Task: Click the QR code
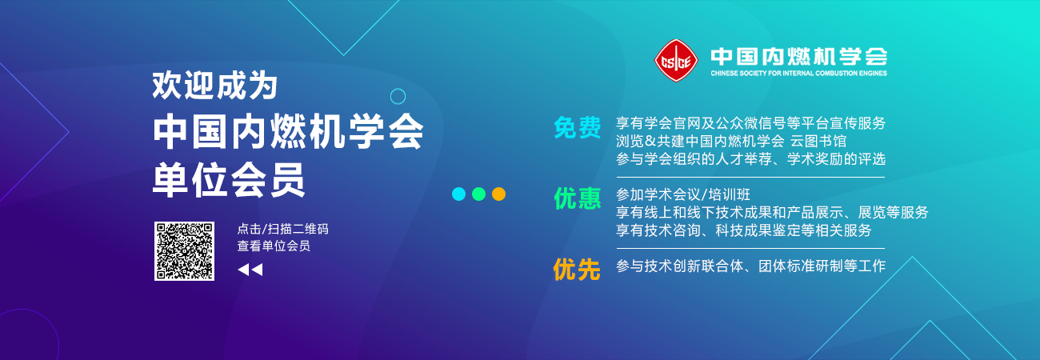[x=184, y=251]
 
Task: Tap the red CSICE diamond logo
[x=676, y=61]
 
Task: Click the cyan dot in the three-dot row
[x=458, y=194]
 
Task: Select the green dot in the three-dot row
[x=478, y=194]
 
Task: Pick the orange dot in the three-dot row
[x=498, y=194]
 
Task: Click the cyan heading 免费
[x=577, y=127]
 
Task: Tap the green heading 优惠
[x=577, y=198]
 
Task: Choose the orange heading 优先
[x=577, y=270]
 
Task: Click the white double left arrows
[x=250, y=270]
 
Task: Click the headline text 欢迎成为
[x=214, y=86]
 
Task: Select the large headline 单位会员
[x=229, y=180]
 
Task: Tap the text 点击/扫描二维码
[x=282, y=229]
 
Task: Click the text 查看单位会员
[x=274, y=246]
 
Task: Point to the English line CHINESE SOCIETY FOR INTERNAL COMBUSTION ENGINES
[x=798, y=73]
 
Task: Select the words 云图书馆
[x=818, y=141]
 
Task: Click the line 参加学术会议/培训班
[x=683, y=194]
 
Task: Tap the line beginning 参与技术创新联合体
[x=750, y=266]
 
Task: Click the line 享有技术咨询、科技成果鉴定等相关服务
[x=744, y=230]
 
